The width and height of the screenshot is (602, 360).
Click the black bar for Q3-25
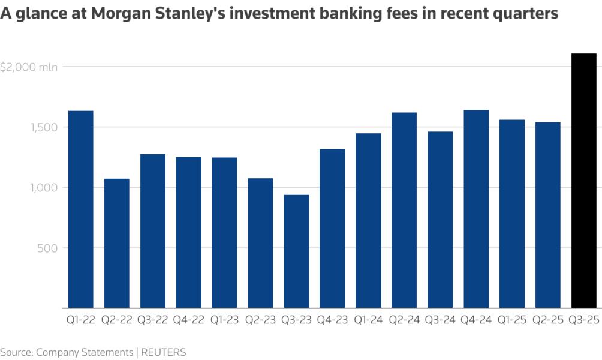(584, 181)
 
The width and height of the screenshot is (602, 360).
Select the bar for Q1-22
(81, 209)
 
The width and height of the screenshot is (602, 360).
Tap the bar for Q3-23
(296, 251)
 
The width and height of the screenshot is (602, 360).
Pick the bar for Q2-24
(404, 210)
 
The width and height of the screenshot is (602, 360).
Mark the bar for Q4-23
(332, 229)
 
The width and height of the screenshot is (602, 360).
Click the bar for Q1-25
(512, 214)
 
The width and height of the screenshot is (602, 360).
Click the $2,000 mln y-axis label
(29, 67)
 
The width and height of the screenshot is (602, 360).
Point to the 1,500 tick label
(45, 127)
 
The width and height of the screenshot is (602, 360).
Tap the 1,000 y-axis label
(45, 188)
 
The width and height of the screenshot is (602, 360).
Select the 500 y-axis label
(49, 248)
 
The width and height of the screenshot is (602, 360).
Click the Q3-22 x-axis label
(152, 320)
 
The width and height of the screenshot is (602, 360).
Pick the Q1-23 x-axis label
(224, 320)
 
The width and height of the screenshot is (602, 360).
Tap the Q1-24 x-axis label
(368, 320)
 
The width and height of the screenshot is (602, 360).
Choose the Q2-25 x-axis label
(548, 320)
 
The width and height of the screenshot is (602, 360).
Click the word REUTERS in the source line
(164, 352)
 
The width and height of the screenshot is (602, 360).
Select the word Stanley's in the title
(204, 14)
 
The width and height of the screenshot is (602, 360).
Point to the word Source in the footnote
(16, 352)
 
